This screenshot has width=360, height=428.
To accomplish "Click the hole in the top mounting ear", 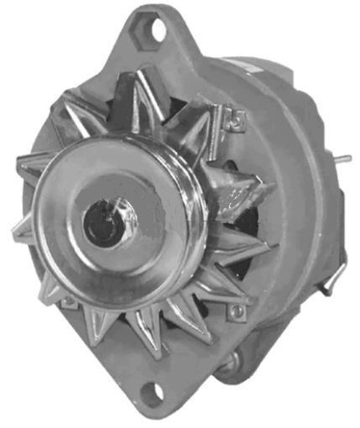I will click(157, 31).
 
